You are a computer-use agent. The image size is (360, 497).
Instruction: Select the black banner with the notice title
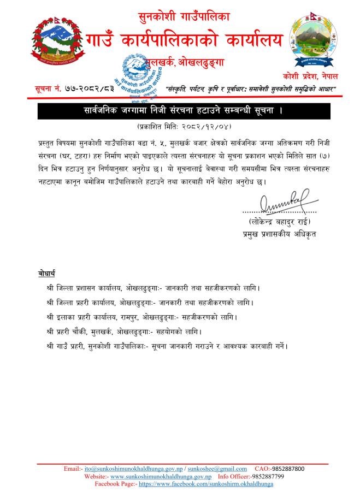180,111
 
